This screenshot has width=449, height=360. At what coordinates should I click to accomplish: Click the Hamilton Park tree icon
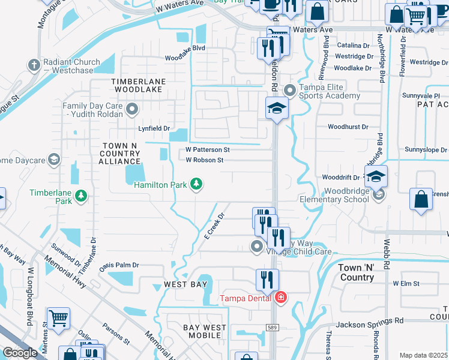(x=196, y=184)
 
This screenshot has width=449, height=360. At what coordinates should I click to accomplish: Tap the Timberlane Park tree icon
(x=81, y=195)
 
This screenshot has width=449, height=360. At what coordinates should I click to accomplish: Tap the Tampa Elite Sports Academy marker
(x=291, y=91)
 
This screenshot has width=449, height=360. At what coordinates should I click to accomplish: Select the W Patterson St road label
(x=208, y=149)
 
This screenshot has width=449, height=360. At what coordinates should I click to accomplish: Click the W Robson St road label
(x=204, y=160)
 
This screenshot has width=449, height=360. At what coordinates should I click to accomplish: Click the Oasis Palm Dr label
(x=119, y=265)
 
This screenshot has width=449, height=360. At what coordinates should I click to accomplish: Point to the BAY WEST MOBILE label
(x=205, y=332)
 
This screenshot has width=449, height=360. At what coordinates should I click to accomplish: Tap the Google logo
(x=20, y=353)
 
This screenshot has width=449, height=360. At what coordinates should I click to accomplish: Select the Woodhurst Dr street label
(x=348, y=127)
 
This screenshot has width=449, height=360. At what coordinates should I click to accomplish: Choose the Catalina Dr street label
(x=352, y=46)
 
